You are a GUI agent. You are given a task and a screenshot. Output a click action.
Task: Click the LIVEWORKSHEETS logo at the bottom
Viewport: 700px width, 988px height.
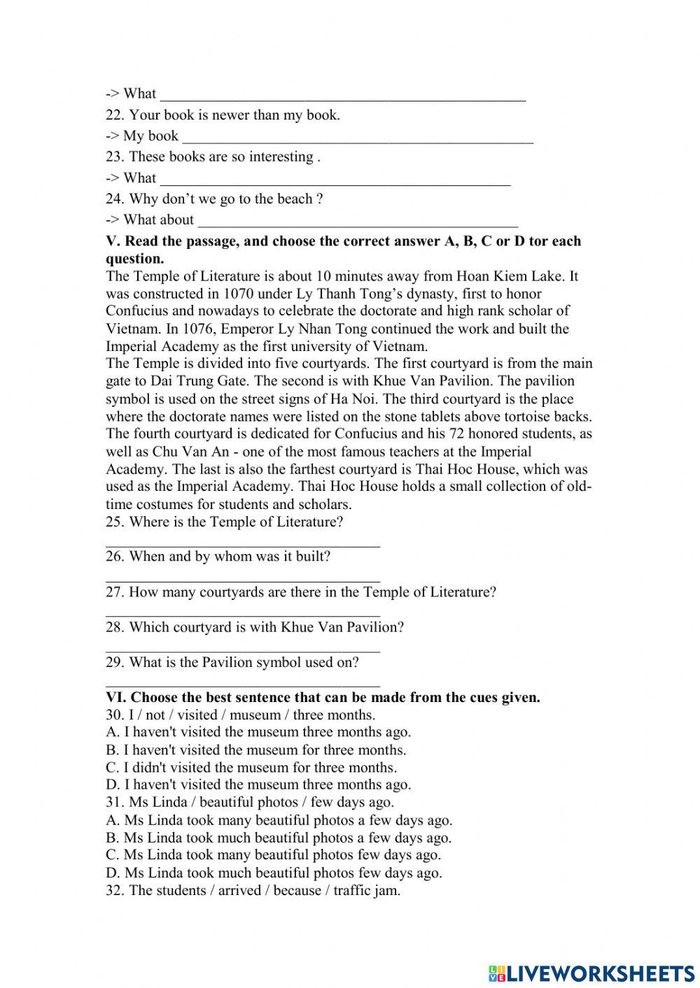tap(591, 973)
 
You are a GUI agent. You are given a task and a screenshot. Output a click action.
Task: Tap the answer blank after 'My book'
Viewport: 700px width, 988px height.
tap(357, 137)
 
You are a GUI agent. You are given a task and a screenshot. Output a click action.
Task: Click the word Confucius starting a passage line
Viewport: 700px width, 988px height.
tap(136, 311)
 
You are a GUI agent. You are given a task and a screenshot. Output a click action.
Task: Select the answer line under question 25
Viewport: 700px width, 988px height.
tap(242, 544)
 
